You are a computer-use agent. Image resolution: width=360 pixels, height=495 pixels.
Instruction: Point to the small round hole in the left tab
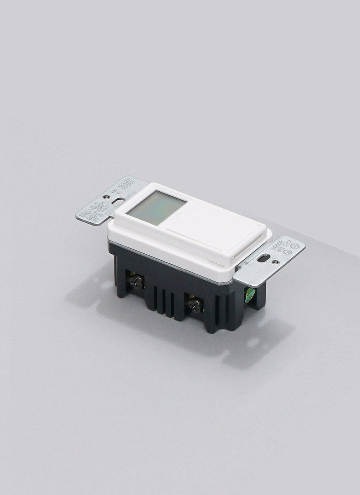[x=106, y=197]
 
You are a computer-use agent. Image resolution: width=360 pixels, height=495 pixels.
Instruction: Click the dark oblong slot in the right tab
[x=264, y=258]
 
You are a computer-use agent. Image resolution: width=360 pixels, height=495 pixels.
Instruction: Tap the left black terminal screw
[x=136, y=282]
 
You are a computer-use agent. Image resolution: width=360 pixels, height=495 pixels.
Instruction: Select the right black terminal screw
[x=195, y=306]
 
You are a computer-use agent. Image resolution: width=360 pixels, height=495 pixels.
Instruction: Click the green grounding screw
[x=249, y=295]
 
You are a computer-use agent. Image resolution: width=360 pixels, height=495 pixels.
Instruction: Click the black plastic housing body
[x=180, y=288]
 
